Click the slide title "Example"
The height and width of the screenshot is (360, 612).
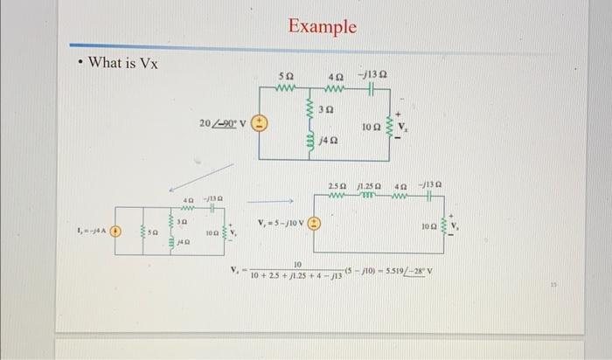tap(323, 26)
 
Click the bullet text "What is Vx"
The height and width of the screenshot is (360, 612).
tap(123, 63)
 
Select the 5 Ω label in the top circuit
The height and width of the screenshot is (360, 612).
tap(285, 77)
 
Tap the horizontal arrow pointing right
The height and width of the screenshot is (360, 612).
tap(273, 197)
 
